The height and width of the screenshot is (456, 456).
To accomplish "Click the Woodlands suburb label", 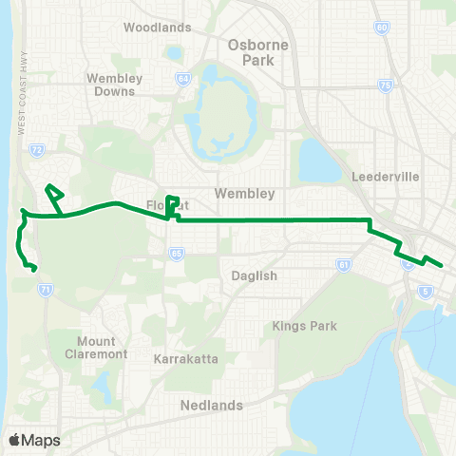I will pos(158,27).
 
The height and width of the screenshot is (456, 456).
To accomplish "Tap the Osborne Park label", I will pos(252,51).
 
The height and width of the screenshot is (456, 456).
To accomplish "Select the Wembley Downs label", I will pos(113,85).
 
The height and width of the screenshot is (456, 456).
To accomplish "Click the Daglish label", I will pos(254,275).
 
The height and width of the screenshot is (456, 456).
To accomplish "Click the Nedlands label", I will pos(211,405).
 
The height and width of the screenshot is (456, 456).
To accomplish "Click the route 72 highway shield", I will pos(36,150).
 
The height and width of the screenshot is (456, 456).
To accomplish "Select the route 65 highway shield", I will pos(176,254).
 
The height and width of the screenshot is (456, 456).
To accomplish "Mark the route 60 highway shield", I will pos(381,28).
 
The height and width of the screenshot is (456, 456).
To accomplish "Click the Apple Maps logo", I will pos(34,440).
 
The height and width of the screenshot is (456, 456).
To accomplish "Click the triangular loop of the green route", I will pos(54,197).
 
